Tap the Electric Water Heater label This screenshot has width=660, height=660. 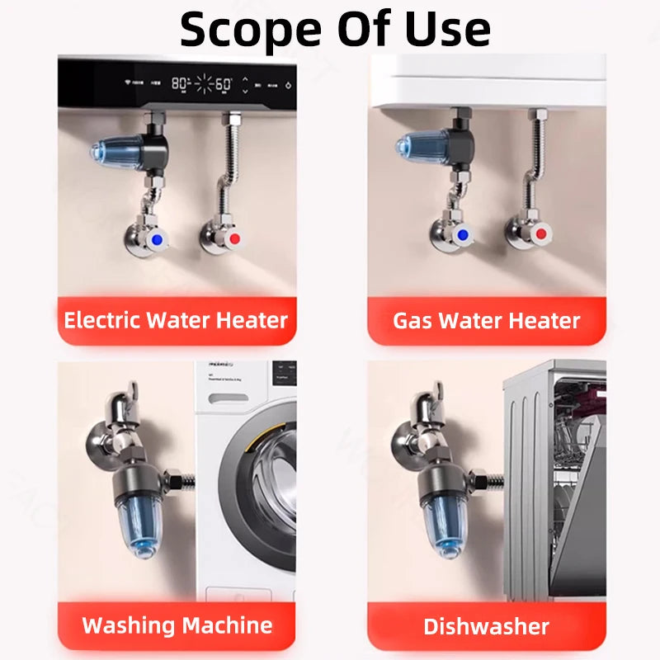click(176, 319)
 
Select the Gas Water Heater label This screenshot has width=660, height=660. click(486, 320)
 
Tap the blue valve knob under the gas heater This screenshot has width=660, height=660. click(465, 236)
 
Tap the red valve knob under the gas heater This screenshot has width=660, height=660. click(542, 235)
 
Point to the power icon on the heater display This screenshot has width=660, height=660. click(288, 84)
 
